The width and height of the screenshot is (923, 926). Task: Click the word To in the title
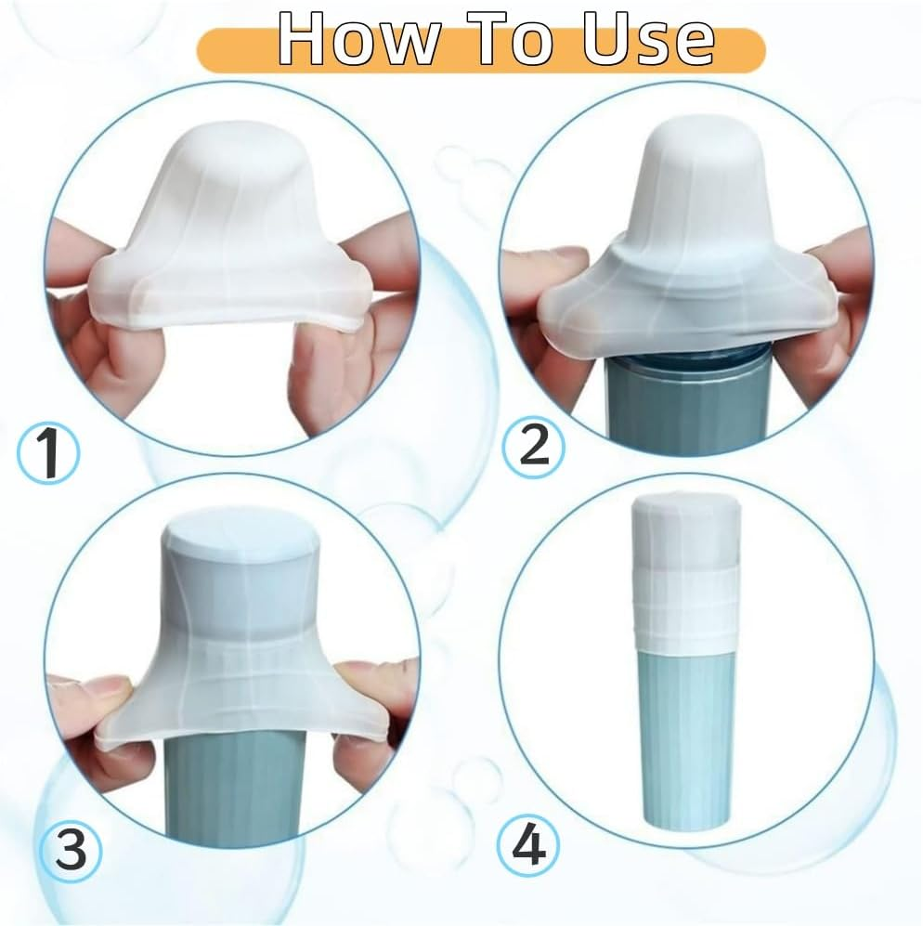[x=508, y=40]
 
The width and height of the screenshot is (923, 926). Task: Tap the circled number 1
[x=49, y=454]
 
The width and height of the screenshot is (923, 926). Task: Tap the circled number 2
[x=533, y=448]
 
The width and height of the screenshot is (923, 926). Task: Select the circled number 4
[x=530, y=846]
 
